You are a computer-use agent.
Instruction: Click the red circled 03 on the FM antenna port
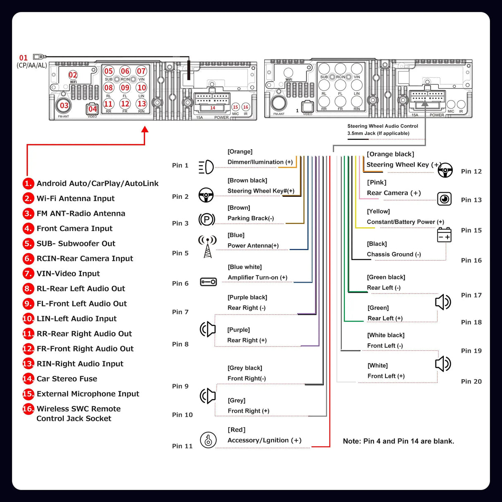[x=64, y=105]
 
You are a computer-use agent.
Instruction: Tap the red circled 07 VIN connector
[x=141, y=71]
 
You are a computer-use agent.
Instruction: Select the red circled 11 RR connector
[x=108, y=104]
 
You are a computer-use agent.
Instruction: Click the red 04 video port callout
[x=92, y=109]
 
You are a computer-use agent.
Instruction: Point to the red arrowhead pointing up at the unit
[x=145, y=129]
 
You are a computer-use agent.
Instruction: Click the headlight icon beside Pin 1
[x=206, y=167]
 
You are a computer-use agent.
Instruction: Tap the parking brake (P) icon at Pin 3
[x=207, y=219]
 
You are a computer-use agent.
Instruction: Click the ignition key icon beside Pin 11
[x=208, y=440]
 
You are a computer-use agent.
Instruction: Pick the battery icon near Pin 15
[x=444, y=234]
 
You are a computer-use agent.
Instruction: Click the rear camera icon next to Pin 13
[x=445, y=199]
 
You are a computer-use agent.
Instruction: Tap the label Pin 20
[x=471, y=381]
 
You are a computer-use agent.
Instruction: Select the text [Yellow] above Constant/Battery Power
[x=378, y=211]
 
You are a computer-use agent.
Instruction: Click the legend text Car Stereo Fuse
[x=67, y=379]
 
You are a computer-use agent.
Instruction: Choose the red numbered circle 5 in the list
[x=28, y=244]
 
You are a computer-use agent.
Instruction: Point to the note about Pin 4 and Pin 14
[x=398, y=441]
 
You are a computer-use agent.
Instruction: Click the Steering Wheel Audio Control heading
[x=382, y=126]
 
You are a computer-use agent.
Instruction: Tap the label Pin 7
[x=180, y=312]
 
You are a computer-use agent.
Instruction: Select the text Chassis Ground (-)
[x=394, y=254]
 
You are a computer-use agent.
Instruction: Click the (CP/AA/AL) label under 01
[x=32, y=65]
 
